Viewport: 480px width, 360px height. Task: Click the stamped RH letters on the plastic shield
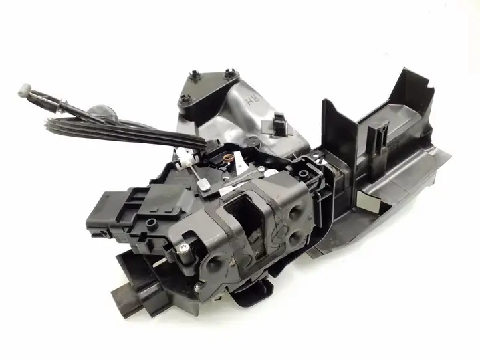[x=253, y=100]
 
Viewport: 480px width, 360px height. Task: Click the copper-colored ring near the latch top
[x=228, y=159]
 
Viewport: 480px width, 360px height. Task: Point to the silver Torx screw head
[x=183, y=248]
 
